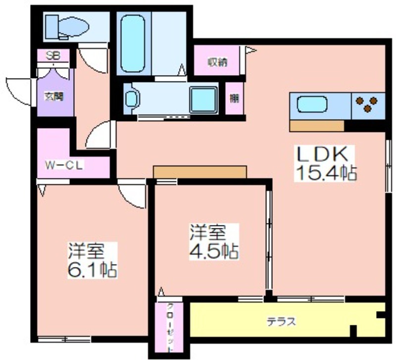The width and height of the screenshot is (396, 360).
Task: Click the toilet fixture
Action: [x=67, y=27]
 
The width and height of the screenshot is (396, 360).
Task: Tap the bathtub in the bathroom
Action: [x=133, y=43]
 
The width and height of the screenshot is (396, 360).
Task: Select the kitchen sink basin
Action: [x=312, y=104]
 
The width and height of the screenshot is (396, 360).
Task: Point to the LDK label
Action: [x=323, y=155]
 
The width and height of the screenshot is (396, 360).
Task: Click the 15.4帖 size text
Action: [x=326, y=173]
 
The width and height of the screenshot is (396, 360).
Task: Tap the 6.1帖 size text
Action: [x=93, y=270]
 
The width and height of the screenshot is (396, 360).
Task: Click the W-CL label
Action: [x=64, y=166]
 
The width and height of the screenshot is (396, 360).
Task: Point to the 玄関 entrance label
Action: [x=54, y=96]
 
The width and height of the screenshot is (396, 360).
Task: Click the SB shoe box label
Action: [x=53, y=56]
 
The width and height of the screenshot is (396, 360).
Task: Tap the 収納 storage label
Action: [x=218, y=62]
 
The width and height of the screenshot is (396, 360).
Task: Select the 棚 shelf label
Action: [x=234, y=98]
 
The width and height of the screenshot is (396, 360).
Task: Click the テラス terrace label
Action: [x=281, y=322]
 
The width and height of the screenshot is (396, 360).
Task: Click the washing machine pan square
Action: [x=203, y=100]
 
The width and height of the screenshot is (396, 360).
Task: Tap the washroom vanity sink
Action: [x=131, y=98]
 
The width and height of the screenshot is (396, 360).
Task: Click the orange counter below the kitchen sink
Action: [x=317, y=126]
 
